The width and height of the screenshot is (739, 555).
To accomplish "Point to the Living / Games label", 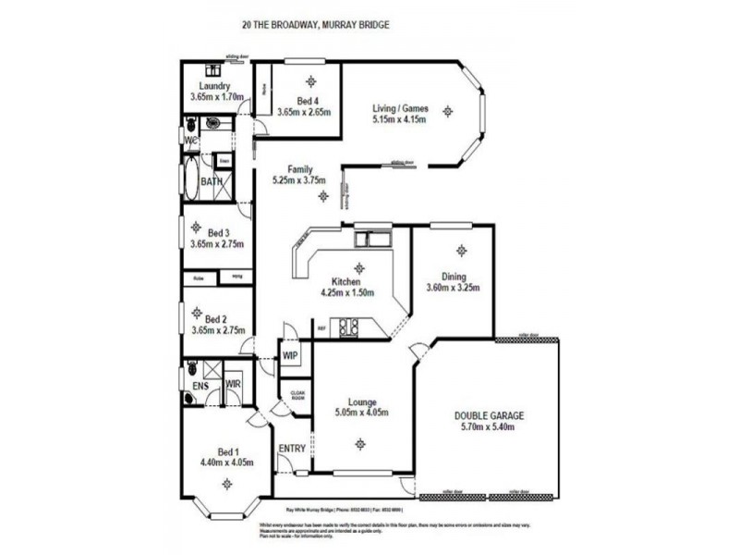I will tap(399, 107).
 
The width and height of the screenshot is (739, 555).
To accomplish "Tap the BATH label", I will tap(212, 182).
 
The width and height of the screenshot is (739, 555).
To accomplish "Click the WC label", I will tap(191, 141).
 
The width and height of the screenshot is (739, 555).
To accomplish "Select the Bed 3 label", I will tap(200, 232).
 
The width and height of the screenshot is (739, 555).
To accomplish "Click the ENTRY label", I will tap(293, 449).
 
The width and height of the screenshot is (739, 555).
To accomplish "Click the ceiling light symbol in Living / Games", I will tap(448, 111).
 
